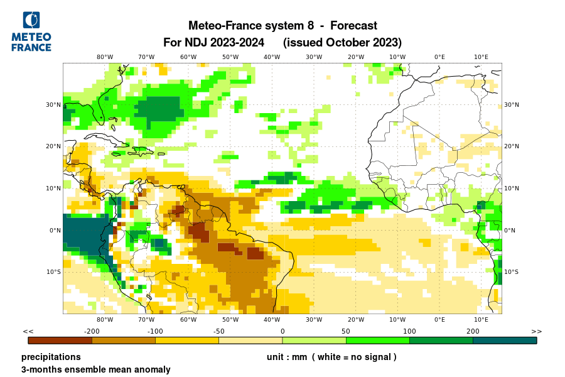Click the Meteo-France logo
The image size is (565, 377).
click(31, 31)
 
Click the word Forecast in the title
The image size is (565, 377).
click(353, 26)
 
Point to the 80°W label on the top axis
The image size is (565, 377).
click(105, 57)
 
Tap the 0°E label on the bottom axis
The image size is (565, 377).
click(439, 320)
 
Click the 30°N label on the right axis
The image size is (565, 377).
click(512, 105)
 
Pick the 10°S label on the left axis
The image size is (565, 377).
click(53, 272)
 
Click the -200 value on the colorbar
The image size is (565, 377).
click(92, 331)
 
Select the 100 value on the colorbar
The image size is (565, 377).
click(409, 331)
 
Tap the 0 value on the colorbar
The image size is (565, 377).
click(282, 331)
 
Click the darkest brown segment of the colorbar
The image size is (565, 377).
click(60, 341)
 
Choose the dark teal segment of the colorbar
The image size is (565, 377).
click(505, 341)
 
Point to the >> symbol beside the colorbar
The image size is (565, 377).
click(537, 331)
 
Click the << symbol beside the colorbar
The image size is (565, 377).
click(28, 331)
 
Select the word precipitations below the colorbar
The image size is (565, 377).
click(51, 357)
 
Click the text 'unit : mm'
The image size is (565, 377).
click(287, 357)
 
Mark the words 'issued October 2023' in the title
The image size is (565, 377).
click(342, 43)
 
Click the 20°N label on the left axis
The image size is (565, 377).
click(53, 146)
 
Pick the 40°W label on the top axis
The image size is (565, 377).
click(272, 57)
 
